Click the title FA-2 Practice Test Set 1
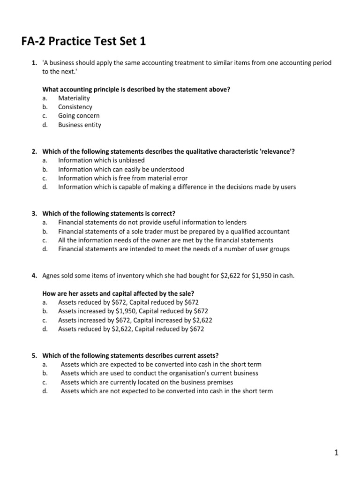click(x=83, y=42)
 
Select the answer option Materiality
click(x=74, y=98)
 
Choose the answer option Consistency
click(x=75, y=107)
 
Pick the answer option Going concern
click(x=79, y=116)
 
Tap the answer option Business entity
click(x=79, y=125)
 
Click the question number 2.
click(x=34, y=151)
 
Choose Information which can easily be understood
click(x=121, y=169)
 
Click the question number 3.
click(x=34, y=213)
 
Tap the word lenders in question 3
click(x=235, y=222)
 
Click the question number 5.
click(x=34, y=355)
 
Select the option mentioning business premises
click(x=147, y=382)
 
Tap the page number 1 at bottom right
click(x=336, y=452)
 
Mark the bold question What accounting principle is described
click(x=136, y=90)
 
